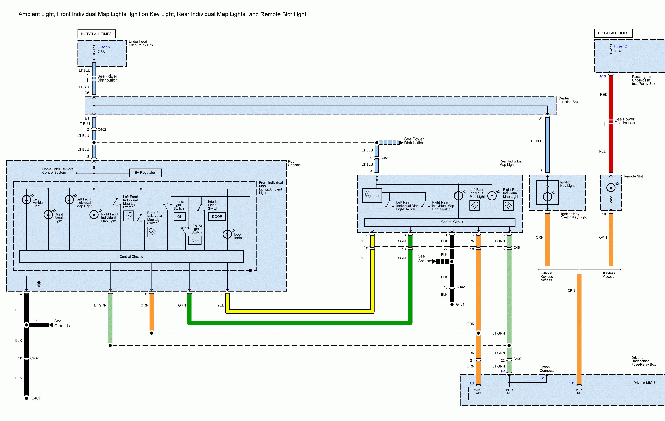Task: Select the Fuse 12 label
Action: (x=620, y=46)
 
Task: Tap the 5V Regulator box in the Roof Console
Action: (x=145, y=173)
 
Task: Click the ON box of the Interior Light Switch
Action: (x=180, y=217)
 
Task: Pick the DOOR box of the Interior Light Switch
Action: (x=217, y=217)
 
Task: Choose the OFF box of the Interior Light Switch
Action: (x=195, y=240)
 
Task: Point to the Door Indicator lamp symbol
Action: (x=227, y=234)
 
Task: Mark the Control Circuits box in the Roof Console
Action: (x=131, y=257)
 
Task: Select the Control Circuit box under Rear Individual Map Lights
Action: (x=452, y=222)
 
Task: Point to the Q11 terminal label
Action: (x=572, y=383)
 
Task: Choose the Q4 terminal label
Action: (x=472, y=383)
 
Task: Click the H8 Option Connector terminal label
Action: (x=542, y=378)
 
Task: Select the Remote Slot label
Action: (x=633, y=176)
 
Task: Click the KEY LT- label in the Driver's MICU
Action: (x=579, y=391)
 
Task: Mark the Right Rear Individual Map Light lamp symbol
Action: (x=492, y=196)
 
